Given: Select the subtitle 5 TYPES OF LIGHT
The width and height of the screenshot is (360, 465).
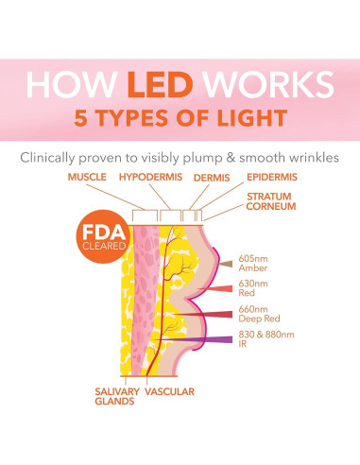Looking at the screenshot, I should [180, 118].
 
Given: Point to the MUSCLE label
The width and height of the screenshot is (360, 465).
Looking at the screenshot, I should [89, 177].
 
